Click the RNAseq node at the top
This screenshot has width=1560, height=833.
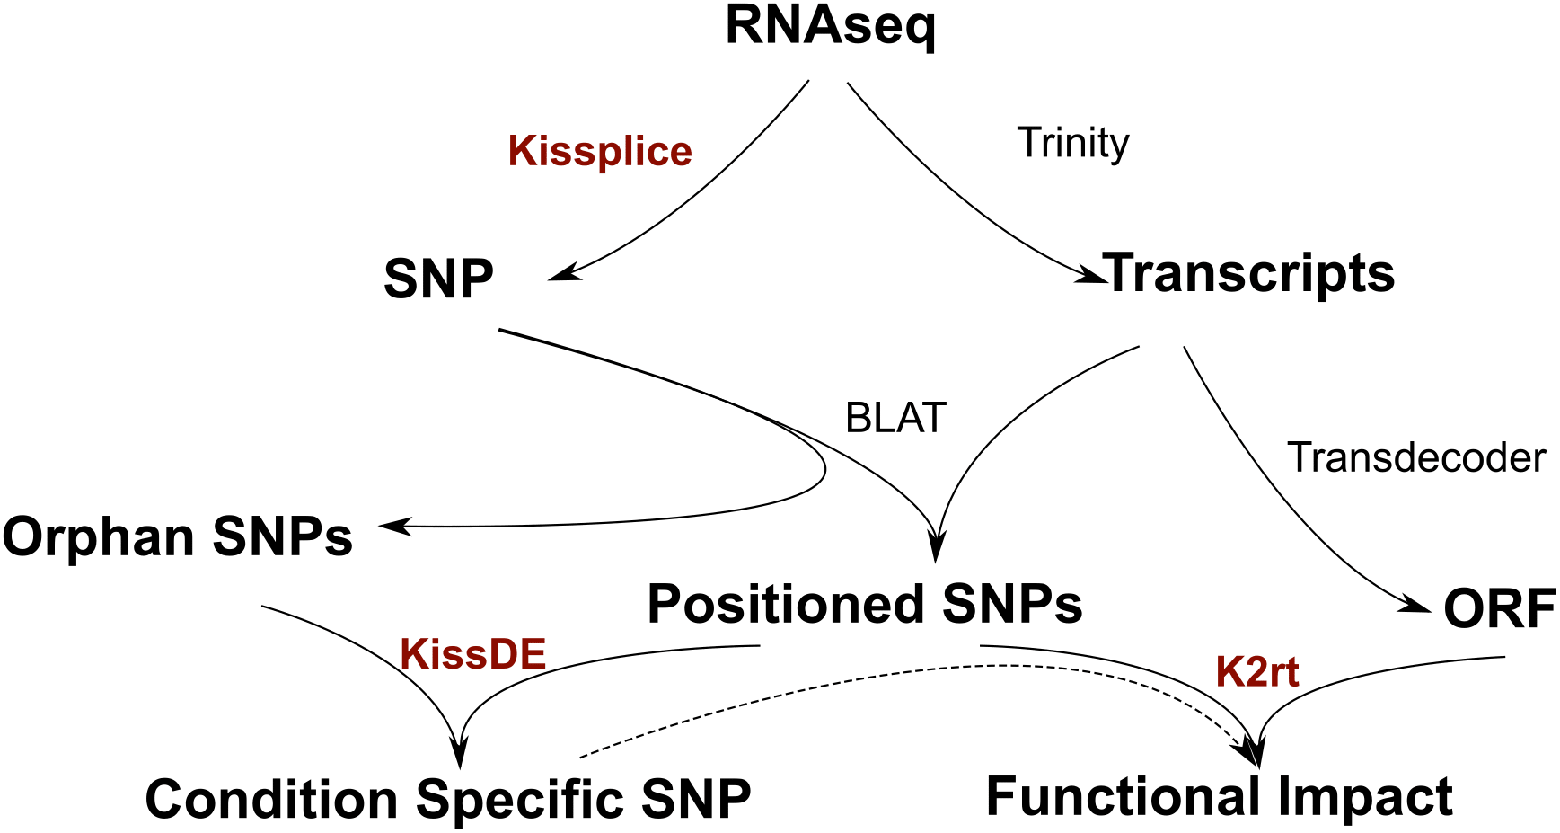pos(831,27)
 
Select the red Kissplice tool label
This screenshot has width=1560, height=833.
pos(600,151)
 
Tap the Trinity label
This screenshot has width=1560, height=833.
pos(1073,144)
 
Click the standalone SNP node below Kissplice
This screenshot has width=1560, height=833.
pos(438,279)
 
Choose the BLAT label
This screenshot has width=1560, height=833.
pos(896,418)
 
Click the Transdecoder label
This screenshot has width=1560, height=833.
pos(1417,457)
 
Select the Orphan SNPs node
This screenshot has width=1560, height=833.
pos(178,537)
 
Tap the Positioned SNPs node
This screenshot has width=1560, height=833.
pos(865,604)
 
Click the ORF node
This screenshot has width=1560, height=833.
pos(1500,609)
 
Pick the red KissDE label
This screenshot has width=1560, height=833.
pos(473,654)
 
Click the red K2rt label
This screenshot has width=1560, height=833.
pos(1257,672)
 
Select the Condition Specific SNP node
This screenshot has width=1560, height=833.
pos(448,800)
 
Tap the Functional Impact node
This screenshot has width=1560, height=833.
pos(1220,796)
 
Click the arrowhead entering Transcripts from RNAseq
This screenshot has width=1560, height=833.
pos(1092,275)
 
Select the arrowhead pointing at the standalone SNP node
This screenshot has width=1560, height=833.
pos(564,271)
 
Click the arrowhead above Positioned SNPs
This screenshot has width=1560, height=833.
pos(937,545)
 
